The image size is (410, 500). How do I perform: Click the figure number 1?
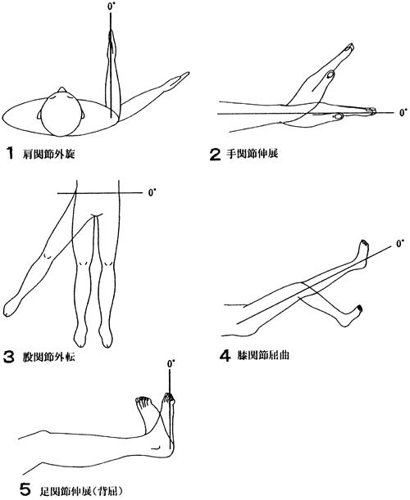pyautogui.click(x=10, y=153)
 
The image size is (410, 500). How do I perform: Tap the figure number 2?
pyautogui.click(x=215, y=155)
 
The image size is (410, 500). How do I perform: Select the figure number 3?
pyautogui.click(x=9, y=357)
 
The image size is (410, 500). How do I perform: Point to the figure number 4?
pyautogui.click(x=225, y=355)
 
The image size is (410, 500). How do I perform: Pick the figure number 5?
pyautogui.click(x=25, y=489)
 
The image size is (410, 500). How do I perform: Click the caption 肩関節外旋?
pyautogui.click(x=49, y=155)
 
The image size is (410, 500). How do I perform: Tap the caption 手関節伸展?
pyautogui.click(x=252, y=154)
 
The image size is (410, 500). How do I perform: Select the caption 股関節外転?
pyautogui.click(x=49, y=357)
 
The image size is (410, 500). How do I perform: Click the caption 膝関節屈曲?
pyautogui.click(x=263, y=355)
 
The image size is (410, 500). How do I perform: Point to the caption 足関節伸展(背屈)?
pyautogui.click(x=81, y=490)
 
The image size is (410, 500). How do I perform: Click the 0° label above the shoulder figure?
pyautogui.click(x=111, y=7)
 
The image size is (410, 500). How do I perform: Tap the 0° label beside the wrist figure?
pyautogui.click(x=403, y=113)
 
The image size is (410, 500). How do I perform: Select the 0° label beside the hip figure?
pyautogui.click(x=153, y=193)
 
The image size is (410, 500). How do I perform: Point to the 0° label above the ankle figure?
pyautogui.click(x=171, y=364)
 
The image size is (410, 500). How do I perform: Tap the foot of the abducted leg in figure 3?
pyautogui.click(x=11, y=307)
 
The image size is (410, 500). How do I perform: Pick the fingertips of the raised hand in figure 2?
pyautogui.click(x=349, y=47)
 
